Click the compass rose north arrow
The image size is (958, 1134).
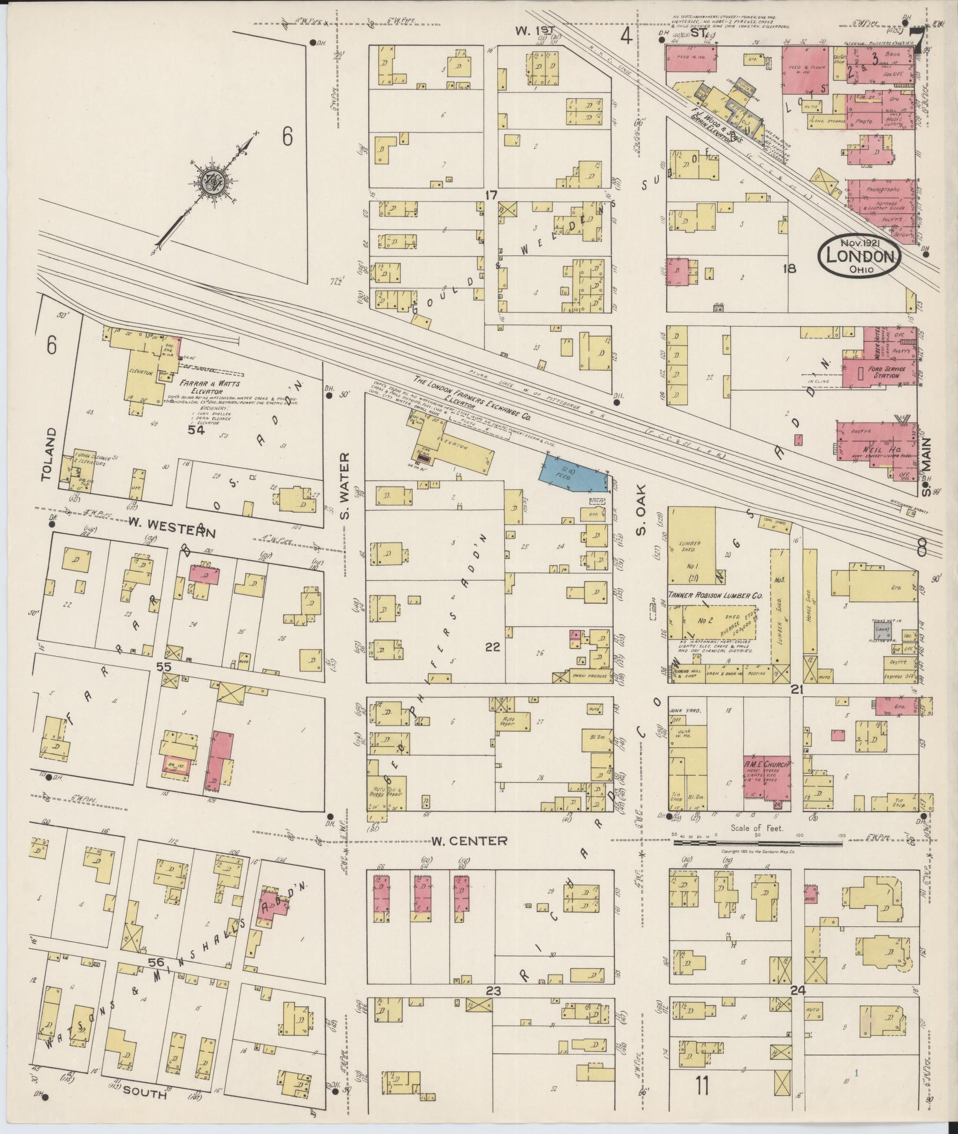pos(209,184)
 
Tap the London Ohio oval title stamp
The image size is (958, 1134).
pos(859,257)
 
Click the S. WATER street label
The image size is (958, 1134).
pos(345,485)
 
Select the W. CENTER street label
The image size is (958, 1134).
pos(461,841)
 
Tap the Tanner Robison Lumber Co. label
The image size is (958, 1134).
pos(715,596)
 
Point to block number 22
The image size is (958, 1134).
pos(492,647)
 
